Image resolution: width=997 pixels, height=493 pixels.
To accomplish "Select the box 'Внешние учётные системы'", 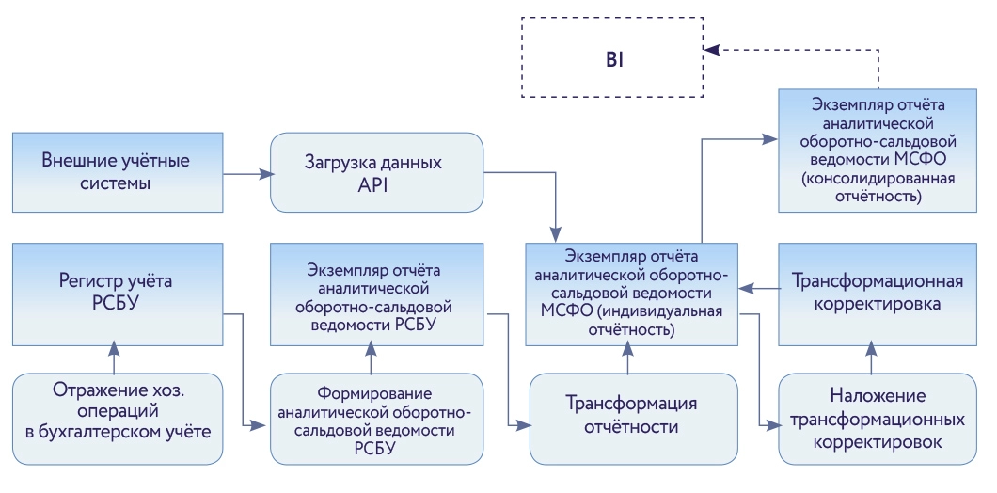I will pyautogui.click(x=118, y=171).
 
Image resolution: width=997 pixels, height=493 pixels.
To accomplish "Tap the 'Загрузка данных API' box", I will pyautogui.click(x=376, y=172).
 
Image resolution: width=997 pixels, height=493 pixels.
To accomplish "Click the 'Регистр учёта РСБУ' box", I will pyautogui.click(x=118, y=294).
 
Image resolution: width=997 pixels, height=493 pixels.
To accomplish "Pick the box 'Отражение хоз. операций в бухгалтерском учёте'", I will pyautogui.click(x=118, y=419).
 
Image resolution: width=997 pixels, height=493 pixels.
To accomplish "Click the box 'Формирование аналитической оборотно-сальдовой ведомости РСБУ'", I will pyautogui.click(x=376, y=419).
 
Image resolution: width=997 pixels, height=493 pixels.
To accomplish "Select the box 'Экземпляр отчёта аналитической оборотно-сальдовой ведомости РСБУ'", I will pyautogui.click(x=376, y=294).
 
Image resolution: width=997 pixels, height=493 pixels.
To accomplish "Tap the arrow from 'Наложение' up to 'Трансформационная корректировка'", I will pyautogui.click(x=874, y=358).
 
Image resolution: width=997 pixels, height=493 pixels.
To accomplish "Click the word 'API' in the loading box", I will pyautogui.click(x=376, y=185).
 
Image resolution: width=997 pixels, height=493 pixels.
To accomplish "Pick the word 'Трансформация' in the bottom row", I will pyautogui.click(x=631, y=405).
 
